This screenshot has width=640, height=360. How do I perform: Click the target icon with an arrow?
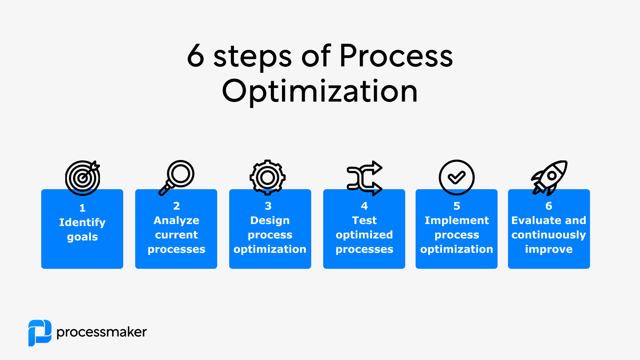pos(82,178)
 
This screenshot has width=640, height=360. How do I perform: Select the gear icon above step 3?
pos(268,177)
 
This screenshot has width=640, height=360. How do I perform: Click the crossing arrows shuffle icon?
pos(364,178)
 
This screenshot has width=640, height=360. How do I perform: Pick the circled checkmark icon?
pos(456,177)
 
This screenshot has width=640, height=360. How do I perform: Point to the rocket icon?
pos(549,177)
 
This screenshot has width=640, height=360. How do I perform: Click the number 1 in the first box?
pos(82,208)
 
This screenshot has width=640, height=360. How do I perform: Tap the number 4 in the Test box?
pos(364,206)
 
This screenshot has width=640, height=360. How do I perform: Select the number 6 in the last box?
pos(549,206)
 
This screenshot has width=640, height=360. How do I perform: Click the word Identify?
pos(82,222)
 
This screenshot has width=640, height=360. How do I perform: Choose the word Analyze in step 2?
pos(176,220)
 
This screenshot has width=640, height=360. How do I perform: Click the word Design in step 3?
pos(270,220)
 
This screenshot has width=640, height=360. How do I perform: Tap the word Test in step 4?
pos(364,220)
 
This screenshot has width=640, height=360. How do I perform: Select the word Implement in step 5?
pos(456,220)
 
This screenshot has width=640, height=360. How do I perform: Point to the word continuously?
pos(548,235)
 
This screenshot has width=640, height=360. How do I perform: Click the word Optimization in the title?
pos(320,91)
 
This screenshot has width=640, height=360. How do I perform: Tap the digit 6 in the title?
pos(196,56)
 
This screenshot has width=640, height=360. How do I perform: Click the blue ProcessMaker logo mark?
pos(40,332)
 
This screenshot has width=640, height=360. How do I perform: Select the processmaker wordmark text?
pos(102,332)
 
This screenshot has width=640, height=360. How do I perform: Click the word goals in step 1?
pos(82,237)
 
